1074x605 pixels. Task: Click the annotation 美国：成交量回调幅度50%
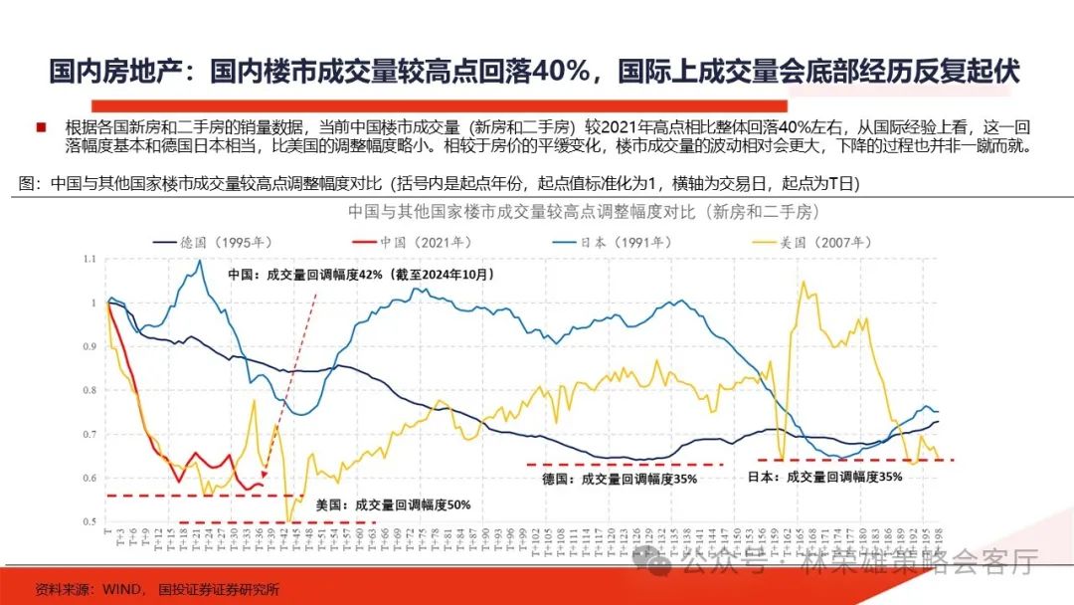tap(392, 504)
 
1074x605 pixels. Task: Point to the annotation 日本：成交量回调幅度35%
tap(824, 477)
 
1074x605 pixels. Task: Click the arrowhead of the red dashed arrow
tap(264, 475)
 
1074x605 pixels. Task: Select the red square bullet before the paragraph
tap(40, 127)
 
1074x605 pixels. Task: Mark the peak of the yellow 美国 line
tap(804, 282)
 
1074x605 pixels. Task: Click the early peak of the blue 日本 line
tap(200, 261)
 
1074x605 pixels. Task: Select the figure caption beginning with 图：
tap(439, 184)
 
